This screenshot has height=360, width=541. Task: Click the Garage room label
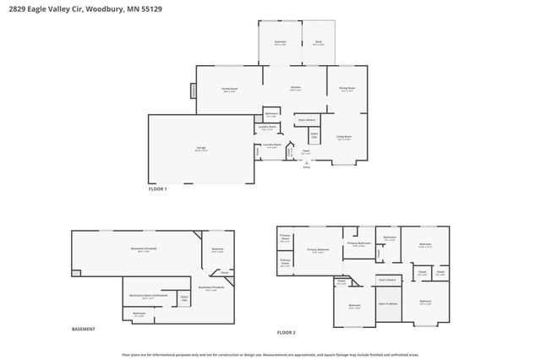201,148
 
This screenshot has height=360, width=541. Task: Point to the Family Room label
229,89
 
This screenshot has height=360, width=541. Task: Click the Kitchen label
296,88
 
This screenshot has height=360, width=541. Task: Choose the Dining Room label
347,88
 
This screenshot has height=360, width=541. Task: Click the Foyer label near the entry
306,152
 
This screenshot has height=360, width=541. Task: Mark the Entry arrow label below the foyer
306,167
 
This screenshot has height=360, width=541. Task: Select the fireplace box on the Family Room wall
193,90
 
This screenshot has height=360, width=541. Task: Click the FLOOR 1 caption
158,189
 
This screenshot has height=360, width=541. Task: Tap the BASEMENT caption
83,329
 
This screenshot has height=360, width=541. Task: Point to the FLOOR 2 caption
287,332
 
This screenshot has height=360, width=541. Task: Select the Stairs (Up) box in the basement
184,297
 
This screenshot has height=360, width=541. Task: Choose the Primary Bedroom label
318,250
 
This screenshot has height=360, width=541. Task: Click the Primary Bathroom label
359,244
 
